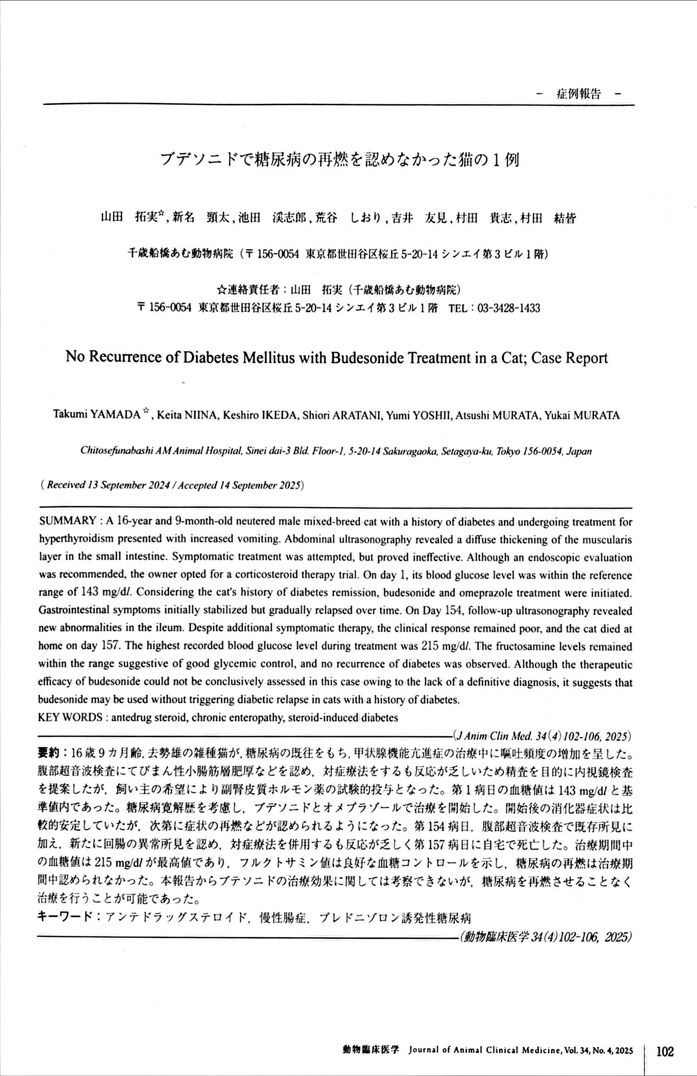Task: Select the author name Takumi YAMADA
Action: click(97, 415)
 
